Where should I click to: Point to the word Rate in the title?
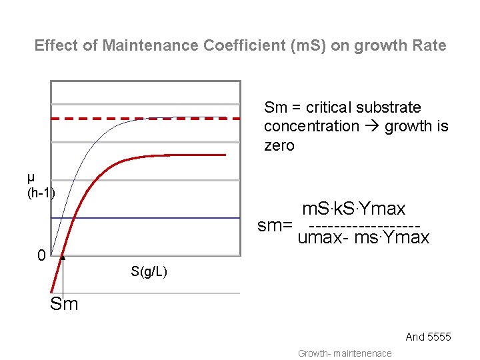(429, 46)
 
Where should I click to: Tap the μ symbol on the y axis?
(31, 177)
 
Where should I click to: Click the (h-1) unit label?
(41, 193)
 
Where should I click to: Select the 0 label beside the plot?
(41, 255)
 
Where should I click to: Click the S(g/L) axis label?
(149, 271)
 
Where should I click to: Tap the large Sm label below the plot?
(64, 305)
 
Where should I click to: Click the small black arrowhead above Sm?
(62, 257)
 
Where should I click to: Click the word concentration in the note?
(311, 126)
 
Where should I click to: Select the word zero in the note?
(279, 145)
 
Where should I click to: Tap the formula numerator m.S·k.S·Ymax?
(353, 209)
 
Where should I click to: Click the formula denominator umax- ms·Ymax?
(363, 238)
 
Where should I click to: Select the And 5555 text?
(428, 337)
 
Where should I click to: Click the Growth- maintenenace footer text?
(345, 353)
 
